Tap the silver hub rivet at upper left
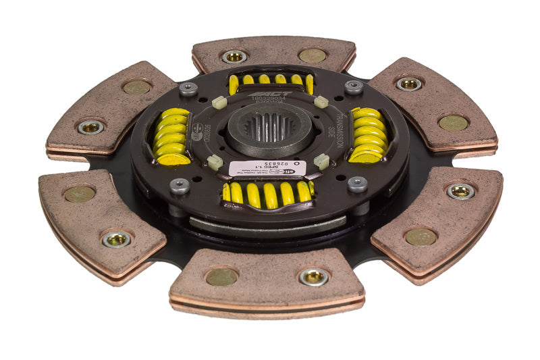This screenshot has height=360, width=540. pyautogui.click(x=188, y=88)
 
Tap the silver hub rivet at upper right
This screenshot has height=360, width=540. pyautogui.click(x=353, y=87)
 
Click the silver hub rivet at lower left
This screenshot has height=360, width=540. pyautogui.click(x=180, y=186)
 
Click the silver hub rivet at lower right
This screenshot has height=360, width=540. pyautogui.click(x=357, y=184)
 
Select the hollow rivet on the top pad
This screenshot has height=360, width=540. pyautogui.click(x=234, y=56)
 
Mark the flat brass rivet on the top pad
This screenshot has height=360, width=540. pyautogui.click(x=312, y=55)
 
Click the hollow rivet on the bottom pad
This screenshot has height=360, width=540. pyautogui.click(x=314, y=276)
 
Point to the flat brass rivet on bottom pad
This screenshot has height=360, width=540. pyautogui.click(x=222, y=276)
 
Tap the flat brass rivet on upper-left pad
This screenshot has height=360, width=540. pyautogui.click(x=137, y=86)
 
